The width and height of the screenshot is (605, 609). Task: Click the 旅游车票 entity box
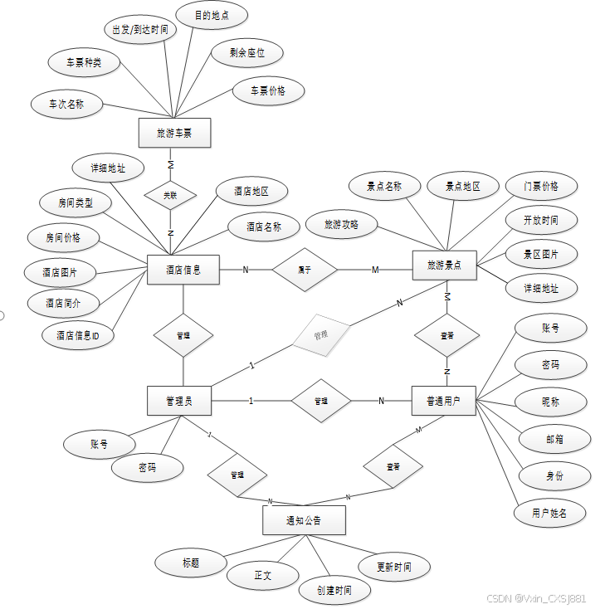click(174, 133)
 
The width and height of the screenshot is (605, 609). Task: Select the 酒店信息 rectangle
click(183, 269)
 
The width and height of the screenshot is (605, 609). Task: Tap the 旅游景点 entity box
click(444, 266)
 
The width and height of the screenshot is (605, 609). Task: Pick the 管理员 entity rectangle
click(178, 401)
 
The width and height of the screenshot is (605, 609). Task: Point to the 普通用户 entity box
click(444, 401)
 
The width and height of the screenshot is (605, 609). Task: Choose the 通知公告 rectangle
click(303, 520)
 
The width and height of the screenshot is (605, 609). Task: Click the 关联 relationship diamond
click(170, 196)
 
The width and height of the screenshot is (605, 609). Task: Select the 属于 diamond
click(305, 269)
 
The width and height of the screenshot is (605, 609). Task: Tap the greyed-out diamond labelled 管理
click(320, 337)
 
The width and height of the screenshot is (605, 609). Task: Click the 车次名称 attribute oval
click(66, 105)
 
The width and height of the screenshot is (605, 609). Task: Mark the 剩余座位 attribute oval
click(248, 53)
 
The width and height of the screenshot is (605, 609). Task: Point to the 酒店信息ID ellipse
click(78, 335)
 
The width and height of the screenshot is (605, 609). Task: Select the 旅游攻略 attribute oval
click(342, 224)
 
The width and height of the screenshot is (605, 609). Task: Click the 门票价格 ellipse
click(541, 186)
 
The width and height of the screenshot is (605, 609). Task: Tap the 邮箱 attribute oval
click(554, 438)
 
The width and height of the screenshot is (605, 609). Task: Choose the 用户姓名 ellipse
click(550, 513)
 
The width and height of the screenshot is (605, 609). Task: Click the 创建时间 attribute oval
click(334, 590)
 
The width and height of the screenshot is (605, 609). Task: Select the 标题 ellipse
click(191, 563)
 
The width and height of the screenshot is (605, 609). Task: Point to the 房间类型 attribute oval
click(76, 202)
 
